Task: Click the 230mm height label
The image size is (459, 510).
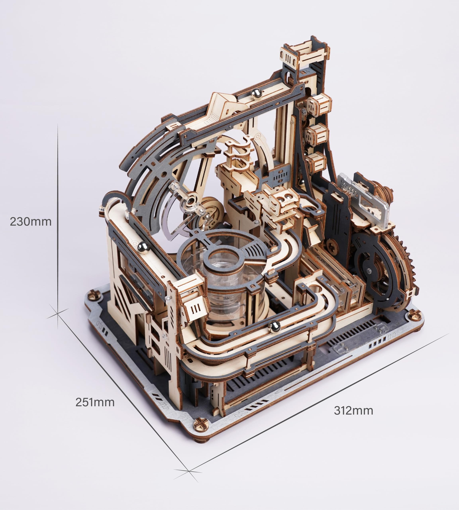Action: (30, 222)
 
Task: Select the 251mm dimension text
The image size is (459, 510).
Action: (95, 402)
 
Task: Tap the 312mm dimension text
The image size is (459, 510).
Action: (353, 411)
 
